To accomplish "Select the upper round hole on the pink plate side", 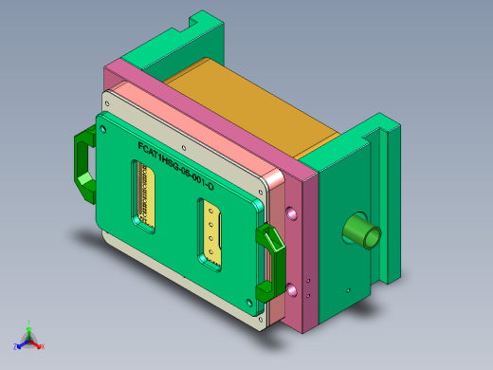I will click(x=291, y=212).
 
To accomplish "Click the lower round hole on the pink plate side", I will click(x=291, y=286).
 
